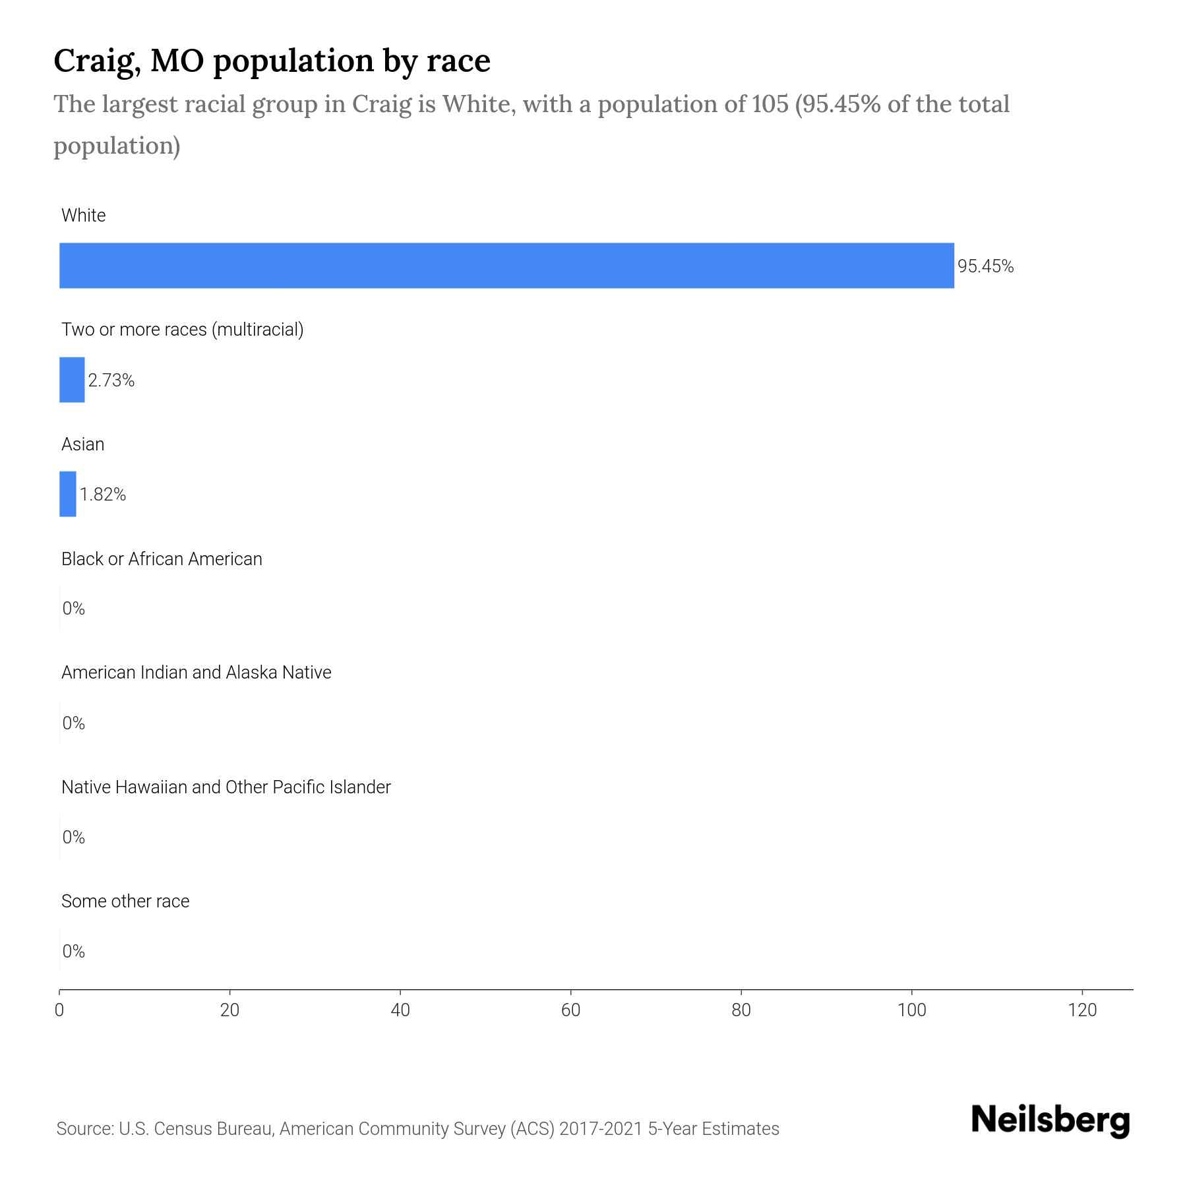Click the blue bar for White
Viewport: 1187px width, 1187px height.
pyautogui.click(x=506, y=265)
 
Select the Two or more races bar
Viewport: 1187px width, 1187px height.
pyautogui.click(x=72, y=380)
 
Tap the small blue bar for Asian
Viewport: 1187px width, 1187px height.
pyautogui.click(x=68, y=494)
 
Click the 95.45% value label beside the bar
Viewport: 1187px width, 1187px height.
pyautogui.click(x=985, y=266)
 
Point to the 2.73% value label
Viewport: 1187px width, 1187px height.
pyautogui.click(x=111, y=380)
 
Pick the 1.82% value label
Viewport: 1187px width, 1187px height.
pyautogui.click(x=103, y=495)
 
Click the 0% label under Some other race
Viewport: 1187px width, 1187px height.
pyautogui.click(x=74, y=951)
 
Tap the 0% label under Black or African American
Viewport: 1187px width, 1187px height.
pyautogui.click(x=74, y=608)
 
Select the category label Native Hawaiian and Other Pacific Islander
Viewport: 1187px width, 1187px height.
pyautogui.click(x=226, y=787)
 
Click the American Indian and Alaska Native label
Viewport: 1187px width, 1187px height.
pyautogui.click(x=196, y=673)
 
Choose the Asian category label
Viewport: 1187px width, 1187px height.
pyautogui.click(x=82, y=444)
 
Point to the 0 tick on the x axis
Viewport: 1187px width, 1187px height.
pyautogui.click(x=59, y=1010)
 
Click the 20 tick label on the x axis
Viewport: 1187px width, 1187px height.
pyautogui.click(x=229, y=1010)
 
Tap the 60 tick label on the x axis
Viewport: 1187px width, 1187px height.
pyautogui.click(x=570, y=1010)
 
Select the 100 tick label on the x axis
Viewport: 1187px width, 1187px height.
pyautogui.click(x=912, y=1010)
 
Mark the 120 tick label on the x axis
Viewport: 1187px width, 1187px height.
pyautogui.click(x=1082, y=1010)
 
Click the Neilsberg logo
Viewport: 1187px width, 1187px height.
pyautogui.click(x=1050, y=1120)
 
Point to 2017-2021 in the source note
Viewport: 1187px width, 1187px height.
pyautogui.click(x=600, y=1129)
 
